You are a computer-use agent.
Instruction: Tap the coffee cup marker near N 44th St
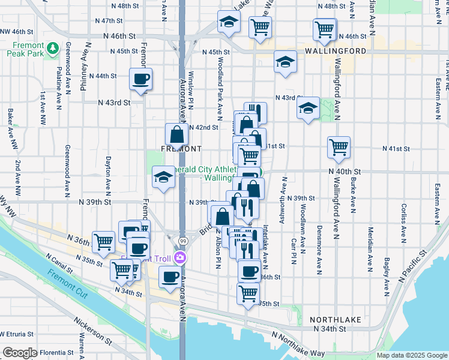[140, 79]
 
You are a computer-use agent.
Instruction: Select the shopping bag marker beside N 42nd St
[176, 134]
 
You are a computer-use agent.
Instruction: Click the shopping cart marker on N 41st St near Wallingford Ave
[339, 146]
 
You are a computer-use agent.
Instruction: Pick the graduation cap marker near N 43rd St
[308, 108]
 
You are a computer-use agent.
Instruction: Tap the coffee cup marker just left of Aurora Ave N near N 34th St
[170, 277]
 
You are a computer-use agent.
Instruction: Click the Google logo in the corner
[20, 353]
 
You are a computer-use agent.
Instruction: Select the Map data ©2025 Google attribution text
[412, 356]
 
